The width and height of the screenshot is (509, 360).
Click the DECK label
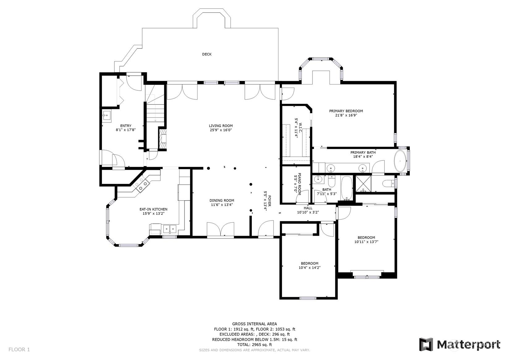tap(207, 54)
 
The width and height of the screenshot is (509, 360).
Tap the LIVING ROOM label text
tap(221, 126)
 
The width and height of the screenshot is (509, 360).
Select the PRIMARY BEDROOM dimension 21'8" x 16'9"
tap(346, 115)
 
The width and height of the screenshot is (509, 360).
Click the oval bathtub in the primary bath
tap(401, 161)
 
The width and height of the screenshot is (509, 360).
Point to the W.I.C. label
tap(300, 128)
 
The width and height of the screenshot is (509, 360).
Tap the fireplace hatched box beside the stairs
tap(163, 139)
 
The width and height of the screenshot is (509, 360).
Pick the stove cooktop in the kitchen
tap(141, 184)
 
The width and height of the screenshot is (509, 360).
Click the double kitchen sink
tap(170, 229)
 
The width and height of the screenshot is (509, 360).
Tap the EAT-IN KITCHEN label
tap(153, 209)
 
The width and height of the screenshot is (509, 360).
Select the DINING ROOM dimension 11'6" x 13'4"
tap(222, 205)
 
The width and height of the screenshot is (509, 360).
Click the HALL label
tap(308, 208)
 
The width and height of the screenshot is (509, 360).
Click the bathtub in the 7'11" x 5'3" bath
tap(347, 188)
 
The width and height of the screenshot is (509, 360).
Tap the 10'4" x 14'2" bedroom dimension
tap(309, 268)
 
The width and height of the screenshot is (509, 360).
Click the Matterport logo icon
tap(426, 345)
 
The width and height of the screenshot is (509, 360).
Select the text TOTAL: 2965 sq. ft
tap(255, 345)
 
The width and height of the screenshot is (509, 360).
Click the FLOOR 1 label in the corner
tap(19, 349)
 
